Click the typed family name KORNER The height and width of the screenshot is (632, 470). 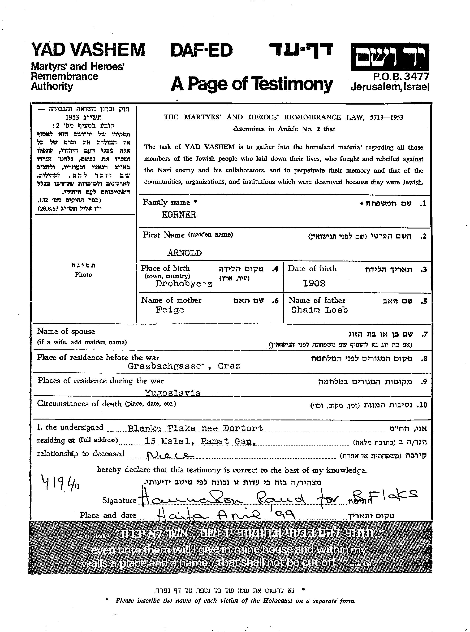179,215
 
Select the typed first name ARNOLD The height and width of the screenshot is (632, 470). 184,253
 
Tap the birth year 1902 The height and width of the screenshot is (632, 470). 314,283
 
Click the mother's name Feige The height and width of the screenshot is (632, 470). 170,310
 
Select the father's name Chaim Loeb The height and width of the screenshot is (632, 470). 319,310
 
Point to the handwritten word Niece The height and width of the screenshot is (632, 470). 169,455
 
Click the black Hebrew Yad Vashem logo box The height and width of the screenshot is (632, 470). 389,57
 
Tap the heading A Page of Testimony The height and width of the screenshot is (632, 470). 251,84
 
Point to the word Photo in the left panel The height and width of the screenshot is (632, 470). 83,274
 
